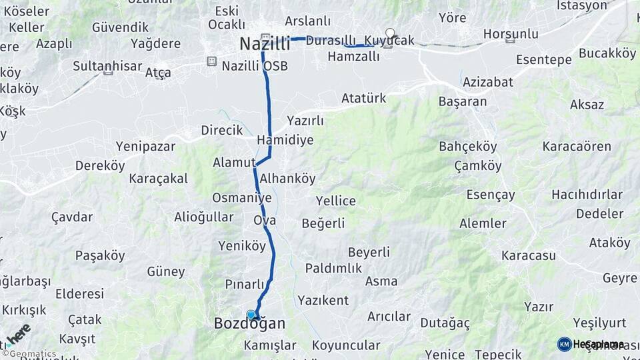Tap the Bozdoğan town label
(x=249, y=324)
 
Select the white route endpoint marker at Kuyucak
(x=390, y=32)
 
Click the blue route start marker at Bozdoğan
(x=251, y=315)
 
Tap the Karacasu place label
(x=529, y=256)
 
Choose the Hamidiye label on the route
(x=285, y=141)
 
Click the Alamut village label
(x=234, y=163)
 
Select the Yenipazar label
(x=145, y=146)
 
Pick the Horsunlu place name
(x=511, y=33)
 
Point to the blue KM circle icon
(x=564, y=344)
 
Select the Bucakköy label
(x=607, y=53)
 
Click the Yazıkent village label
(x=323, y=300)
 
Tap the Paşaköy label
(x=100, y=255)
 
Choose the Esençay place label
(x=491, y=195)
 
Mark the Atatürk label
(x=363, y=99)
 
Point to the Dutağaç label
(x=445, y=323)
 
